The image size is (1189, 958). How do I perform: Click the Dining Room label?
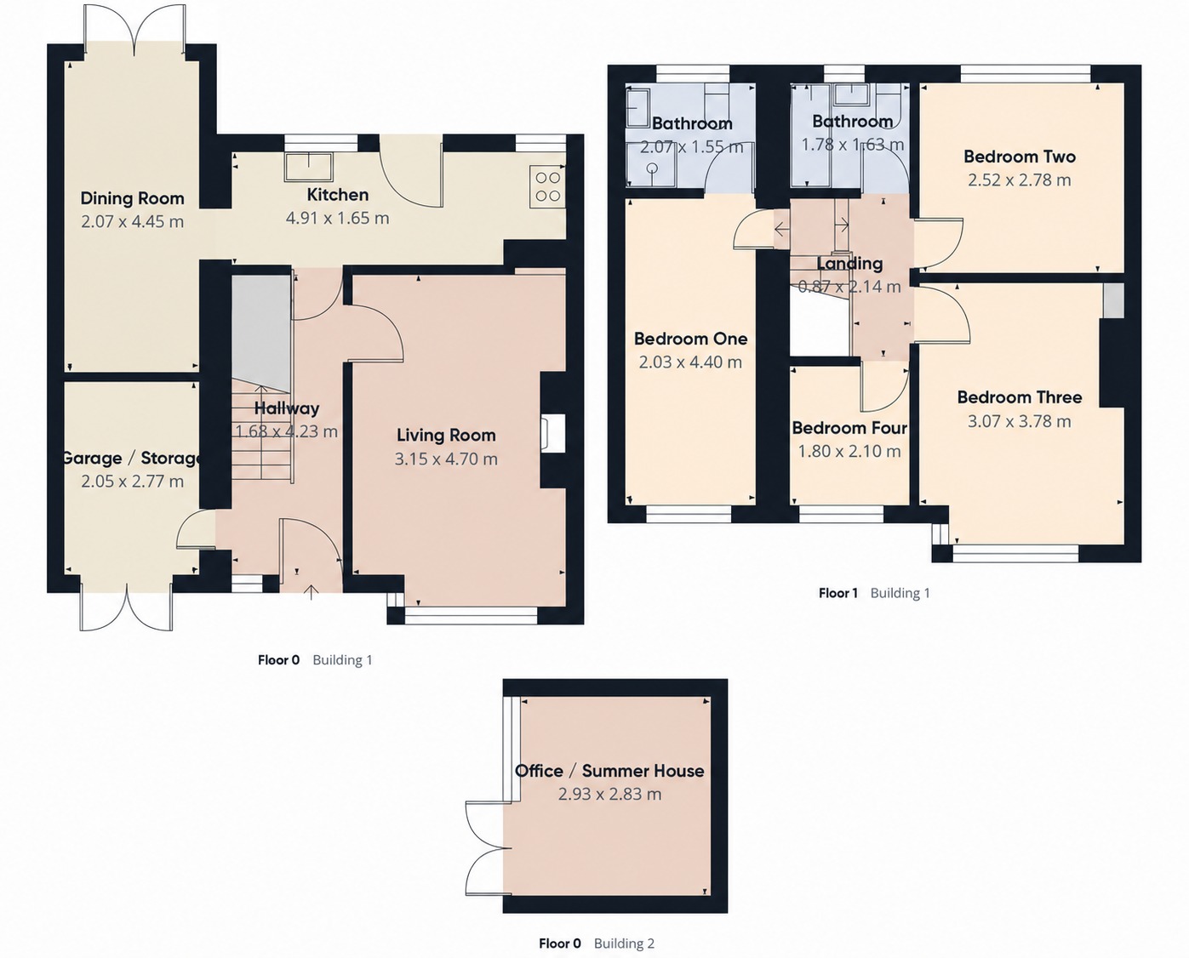(132, 197)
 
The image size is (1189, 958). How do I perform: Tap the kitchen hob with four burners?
(547, 186)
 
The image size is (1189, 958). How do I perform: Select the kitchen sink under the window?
(309, 167)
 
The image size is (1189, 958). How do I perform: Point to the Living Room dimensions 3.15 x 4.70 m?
(446, 459)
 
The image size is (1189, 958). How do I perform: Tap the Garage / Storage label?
(132, 458)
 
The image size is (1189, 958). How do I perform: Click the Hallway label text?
(287, 408)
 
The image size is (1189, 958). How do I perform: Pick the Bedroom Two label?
(1020, 157)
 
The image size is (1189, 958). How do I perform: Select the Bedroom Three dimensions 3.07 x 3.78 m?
(1020, 421)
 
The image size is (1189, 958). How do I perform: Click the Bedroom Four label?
(849, 428)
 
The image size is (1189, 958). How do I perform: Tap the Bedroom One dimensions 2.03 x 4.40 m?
(690, 362)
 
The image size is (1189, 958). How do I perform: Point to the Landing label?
(849, 264)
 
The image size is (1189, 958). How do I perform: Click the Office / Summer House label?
(609, 771)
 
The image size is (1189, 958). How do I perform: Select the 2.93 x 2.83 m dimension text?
(609, 794)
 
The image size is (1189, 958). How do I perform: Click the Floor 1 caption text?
(838, 593)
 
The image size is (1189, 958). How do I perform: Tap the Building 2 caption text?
(624, 943)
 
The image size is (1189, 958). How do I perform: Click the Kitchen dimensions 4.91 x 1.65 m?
(337, 218)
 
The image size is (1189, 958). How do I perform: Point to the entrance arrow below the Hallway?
(312, 591)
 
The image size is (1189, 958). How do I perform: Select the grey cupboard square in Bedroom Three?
(1113, 300)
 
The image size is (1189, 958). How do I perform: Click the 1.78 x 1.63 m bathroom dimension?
(853, 144)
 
